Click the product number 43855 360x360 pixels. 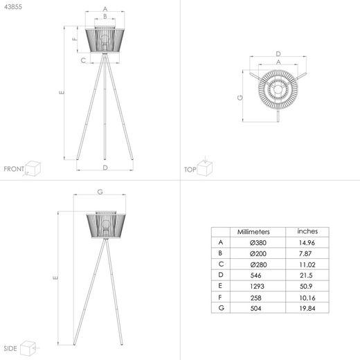point(13,7)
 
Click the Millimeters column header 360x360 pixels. point(253,232)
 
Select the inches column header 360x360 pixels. point(307,231)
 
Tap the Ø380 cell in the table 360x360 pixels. point(258,242)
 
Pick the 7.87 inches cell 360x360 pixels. point(305,253)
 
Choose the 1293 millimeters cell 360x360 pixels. point(257,286)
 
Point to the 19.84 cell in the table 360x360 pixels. point(307,308)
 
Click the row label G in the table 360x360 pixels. point(221,307)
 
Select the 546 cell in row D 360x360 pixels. point(255,276)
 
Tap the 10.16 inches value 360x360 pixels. point(307,298)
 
